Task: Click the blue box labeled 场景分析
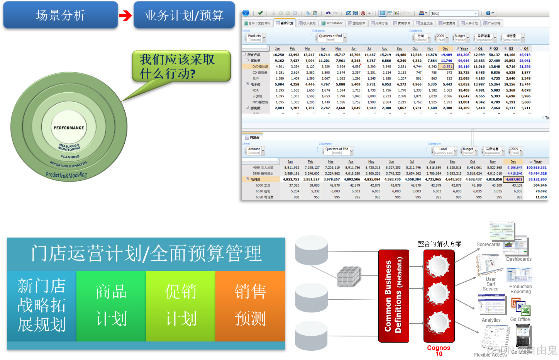click(x=61, y=15)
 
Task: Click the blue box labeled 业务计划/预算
click(x=184, y=15)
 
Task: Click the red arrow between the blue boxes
click(x=125, y=15)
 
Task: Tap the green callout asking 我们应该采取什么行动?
click(x=181, y=66)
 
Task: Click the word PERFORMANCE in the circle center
click(x=69, y=128)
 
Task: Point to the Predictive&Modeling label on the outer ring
click(x=66, y=175)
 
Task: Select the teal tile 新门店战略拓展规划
click(x=42, y=306)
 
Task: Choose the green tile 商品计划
click(x=111, y=306)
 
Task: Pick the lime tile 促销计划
click(x=181, y=306)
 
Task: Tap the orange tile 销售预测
click(x=250, y=306)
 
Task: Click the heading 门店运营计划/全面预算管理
click(x=146, y=254)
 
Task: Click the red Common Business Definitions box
click(x=393, y=296)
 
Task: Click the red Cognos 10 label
click(x=439, y=350)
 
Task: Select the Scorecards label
click(x=488, y=245)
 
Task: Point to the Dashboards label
click(x=518, y=259)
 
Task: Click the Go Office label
click(x=520, y=319)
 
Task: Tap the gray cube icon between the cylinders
click(x=349, y=276)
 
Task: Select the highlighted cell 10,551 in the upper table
click(x=447, y=66)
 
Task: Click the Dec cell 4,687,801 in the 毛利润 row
click(x=514, y=179)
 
